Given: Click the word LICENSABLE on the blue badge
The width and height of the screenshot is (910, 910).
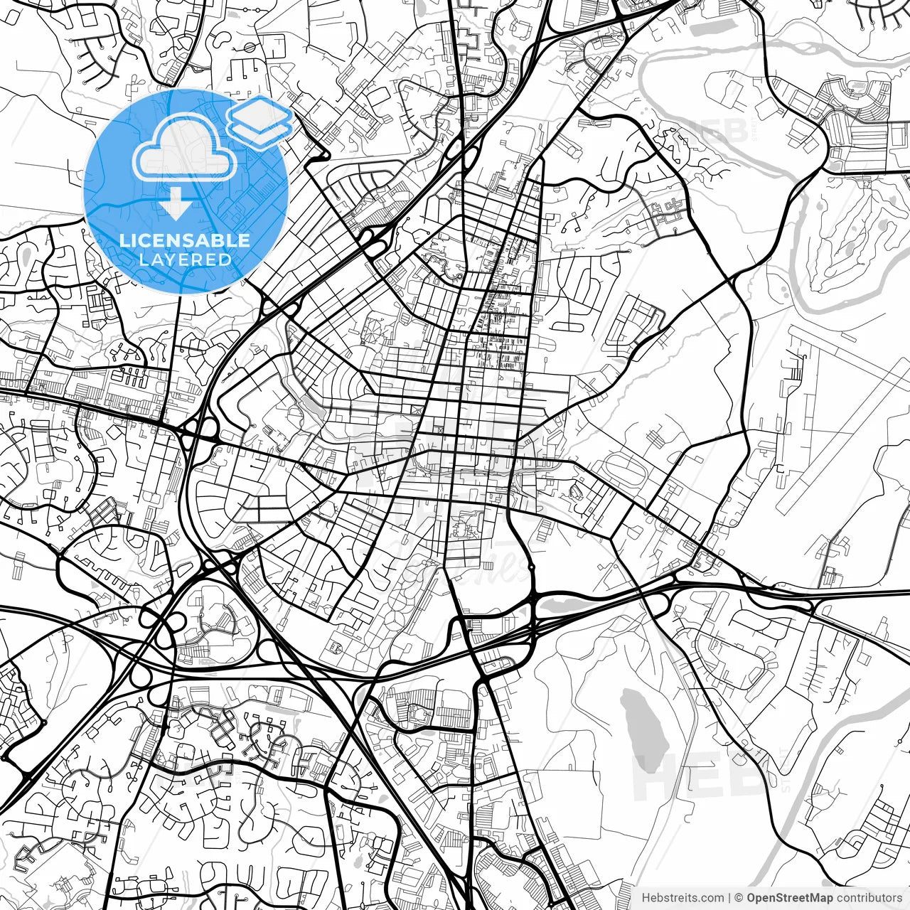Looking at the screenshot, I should pos(185,240).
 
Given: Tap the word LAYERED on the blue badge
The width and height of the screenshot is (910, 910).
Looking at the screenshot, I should pos(185,260).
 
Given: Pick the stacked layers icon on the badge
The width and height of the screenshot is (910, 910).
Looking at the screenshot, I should pos(260,121).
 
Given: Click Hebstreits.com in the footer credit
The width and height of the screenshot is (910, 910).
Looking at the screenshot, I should pos(682,898).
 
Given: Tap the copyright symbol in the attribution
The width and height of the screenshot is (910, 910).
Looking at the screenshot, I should pos(739,898).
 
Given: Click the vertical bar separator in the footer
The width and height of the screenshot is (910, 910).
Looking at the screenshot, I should pos(730,898).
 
